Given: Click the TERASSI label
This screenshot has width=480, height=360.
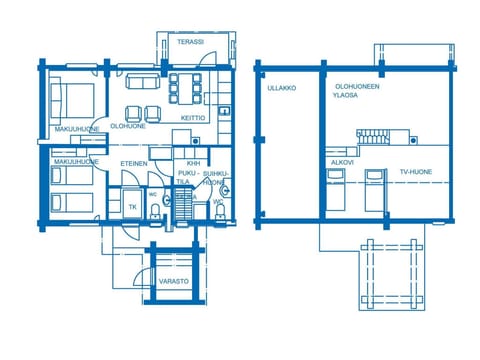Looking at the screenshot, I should [x=190, y=42].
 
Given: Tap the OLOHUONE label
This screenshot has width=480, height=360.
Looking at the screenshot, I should [x=128, y=127].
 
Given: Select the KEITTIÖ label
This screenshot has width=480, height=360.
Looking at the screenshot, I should [x=193, y=118].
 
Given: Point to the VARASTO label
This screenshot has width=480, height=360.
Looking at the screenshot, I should [x=174, y=283].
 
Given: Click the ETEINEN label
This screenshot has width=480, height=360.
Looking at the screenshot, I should [x=134, y=163].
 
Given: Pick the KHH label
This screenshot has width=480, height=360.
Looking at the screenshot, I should [x=193, y=163].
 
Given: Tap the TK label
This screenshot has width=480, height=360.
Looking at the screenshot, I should [x=132, y=207].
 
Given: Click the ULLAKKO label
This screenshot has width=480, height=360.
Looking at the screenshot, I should [x=281, y=88].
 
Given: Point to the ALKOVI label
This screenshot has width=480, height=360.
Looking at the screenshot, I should [x=341, y=162].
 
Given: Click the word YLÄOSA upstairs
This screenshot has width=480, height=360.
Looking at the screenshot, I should [x=346, y=97].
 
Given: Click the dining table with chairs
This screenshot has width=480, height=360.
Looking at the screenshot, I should [x=186, y=87].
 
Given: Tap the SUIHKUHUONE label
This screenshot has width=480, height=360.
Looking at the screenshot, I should [x=213, y=177].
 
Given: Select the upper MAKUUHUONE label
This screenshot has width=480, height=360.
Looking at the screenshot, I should [x=75, y=129].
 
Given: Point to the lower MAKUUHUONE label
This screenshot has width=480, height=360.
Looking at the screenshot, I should [x=75, y=161].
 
